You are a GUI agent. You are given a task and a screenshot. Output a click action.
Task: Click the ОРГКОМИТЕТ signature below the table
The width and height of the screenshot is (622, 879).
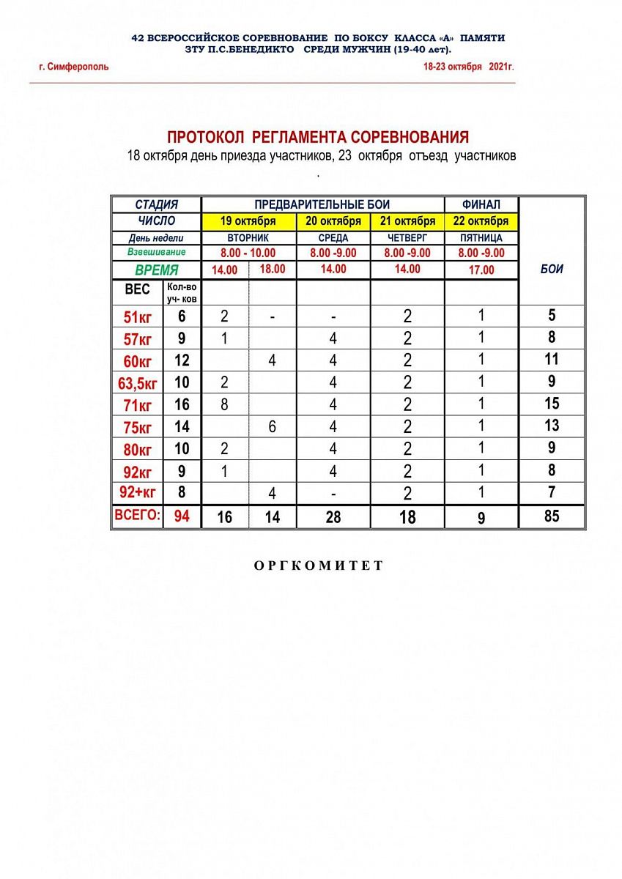pyautogui.click(x=319, y=565)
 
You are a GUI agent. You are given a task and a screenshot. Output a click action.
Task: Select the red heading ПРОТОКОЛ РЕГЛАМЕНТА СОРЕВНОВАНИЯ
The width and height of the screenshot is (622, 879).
pyautogui.click(x=318, y=138)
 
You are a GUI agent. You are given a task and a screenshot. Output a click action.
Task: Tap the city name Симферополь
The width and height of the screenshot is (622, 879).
pyautogui.click(x=75, y=67)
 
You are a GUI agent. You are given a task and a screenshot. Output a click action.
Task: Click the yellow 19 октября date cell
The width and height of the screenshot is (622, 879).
pyautogui.click(x=248, y=221)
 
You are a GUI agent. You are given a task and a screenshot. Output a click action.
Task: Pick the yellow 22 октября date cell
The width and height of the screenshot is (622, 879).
pyautogui.click(x=481, y=221)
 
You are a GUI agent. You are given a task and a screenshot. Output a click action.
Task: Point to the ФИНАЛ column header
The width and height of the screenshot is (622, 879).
pyautogui.click(x=481, y=204)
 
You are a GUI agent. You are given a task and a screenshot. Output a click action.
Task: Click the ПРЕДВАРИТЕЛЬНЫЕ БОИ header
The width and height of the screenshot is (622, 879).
pyautogui.click(x=322, y=204)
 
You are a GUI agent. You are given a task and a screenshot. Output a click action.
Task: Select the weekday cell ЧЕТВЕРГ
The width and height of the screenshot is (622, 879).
pyautogui.click(x=407, y=238)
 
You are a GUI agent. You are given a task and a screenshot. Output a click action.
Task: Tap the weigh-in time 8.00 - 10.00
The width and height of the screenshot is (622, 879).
pyautogui.click(x=248, y=253)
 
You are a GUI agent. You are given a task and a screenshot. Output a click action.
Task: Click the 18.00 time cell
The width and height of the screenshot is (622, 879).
pyautogui.click(x=273, y=269)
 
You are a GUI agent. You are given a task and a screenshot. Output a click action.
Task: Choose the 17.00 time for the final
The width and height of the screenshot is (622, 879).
pyautogui.click(x=481, y=270)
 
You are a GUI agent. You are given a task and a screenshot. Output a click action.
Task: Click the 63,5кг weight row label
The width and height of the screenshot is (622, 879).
pyautogui.click(x=138, y=382)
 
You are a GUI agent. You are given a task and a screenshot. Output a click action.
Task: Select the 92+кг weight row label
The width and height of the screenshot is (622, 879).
pyautogui.click(x=138, y=492)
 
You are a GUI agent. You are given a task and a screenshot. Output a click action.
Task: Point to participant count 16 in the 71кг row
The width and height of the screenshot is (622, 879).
pyautogui.click(x=182, y=404)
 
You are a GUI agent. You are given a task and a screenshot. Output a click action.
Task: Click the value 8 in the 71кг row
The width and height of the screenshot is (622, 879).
pyautogui.click(x=225, y=404)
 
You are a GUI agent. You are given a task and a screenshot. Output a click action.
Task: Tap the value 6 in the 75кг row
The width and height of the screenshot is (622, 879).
pyautogui.click(x=273, y=426)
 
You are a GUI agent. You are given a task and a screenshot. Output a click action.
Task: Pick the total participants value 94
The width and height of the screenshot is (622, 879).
pyautogui.click(x=182, y=516)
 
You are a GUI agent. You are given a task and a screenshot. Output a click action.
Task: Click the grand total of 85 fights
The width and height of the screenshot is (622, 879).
pyautogui.click(x=552, y=516)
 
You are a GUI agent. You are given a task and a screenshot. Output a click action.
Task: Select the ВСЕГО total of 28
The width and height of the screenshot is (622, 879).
pyautogui.click(x=333, y=517)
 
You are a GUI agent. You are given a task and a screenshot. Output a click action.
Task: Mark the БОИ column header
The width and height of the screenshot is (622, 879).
pyautogui.click(x=552, y=269)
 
